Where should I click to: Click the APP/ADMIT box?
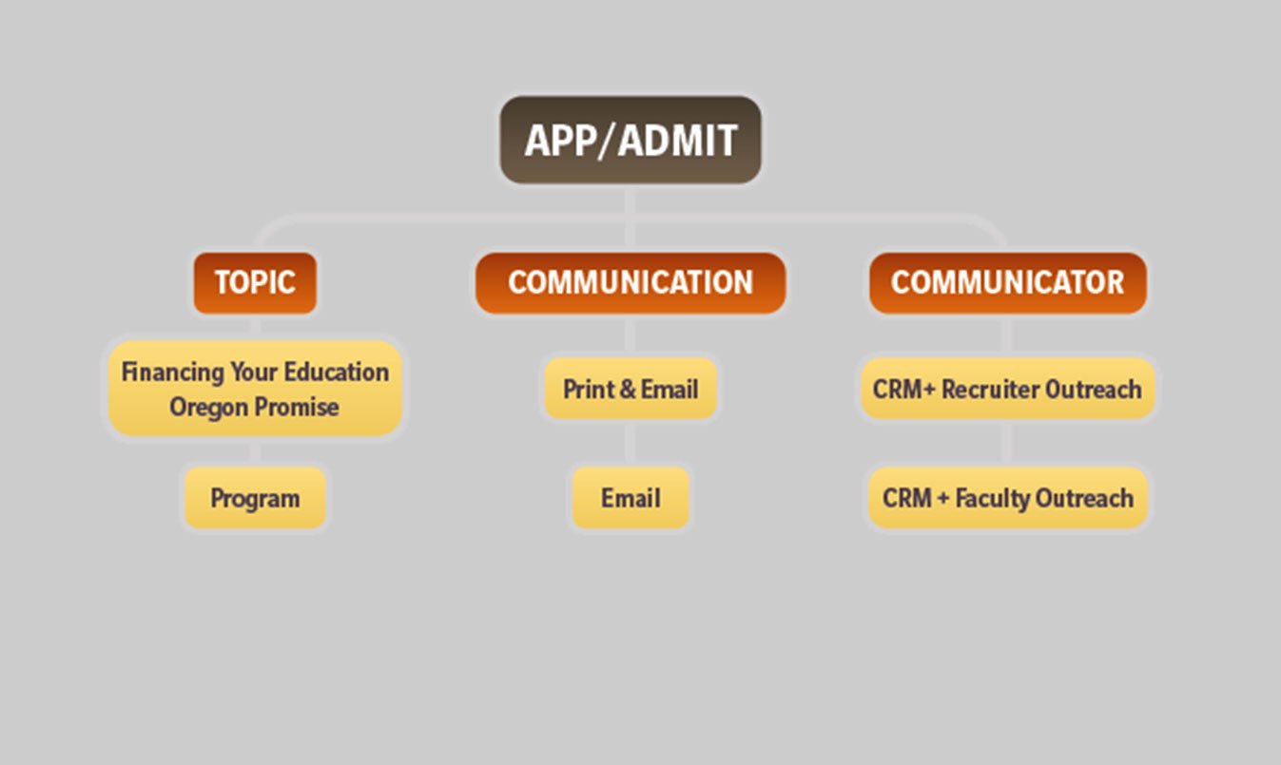pos(631,140)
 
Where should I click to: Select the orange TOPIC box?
pos(255,283)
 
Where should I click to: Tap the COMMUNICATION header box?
pos(631,283)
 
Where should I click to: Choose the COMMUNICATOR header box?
pos(1008,283)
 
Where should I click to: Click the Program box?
pos(255,498)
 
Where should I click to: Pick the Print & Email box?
pos(631,389)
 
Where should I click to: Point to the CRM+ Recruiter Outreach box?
pos(1008,389)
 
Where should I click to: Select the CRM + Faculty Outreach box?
pos(1008,498)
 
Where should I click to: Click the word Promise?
pos(296,407)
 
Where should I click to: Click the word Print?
pos(588,389)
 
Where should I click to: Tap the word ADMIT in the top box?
pos(678,141)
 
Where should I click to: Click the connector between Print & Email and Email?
pos(631,444)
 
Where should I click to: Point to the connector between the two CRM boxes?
pos(1006,444)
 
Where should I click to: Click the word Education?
pos(337,372)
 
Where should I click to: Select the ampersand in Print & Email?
pos(627,389)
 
